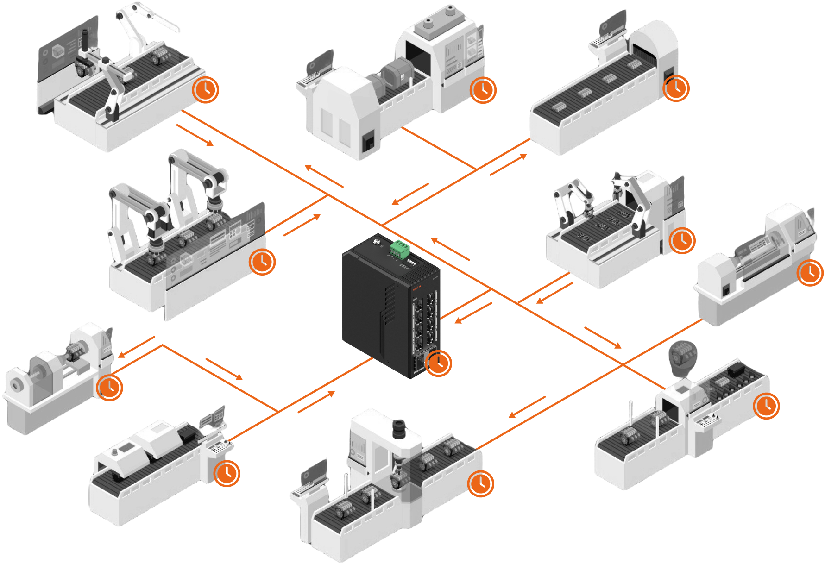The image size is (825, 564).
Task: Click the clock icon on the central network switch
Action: tap(438, 363)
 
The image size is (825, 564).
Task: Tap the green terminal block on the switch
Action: tap(399, 249)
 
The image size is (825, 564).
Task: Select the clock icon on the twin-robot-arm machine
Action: tap(262, 262)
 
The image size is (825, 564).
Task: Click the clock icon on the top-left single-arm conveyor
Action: tap(206, 89)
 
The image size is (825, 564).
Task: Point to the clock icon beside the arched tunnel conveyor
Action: tap(676, 88)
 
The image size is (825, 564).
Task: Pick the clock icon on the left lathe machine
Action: tap(109, 387)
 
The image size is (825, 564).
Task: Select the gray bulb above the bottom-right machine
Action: tap(682, 357)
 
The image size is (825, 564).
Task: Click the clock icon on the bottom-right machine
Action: tap(767, 406)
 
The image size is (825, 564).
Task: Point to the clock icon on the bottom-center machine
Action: tap(481, 483)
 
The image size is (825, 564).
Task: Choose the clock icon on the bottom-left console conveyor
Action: tap(227, 473)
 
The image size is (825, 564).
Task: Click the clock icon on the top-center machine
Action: tap(483, 89)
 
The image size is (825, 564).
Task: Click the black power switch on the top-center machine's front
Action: tap(368, 142)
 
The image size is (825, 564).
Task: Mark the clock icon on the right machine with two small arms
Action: tap(682, 240)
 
